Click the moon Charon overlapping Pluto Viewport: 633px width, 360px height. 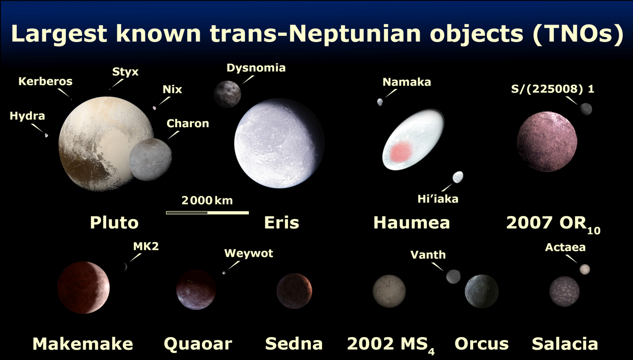pos(150,159)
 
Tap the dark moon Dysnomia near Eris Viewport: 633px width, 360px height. pos(228,94)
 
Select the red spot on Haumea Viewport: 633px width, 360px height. pos(401,152)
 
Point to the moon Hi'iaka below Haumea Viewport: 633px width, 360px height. pos(458,177)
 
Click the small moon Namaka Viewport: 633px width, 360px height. pos(380,102)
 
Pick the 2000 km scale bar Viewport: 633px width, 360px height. pos(207,213)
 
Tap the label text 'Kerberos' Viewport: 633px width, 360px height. pos(45,81)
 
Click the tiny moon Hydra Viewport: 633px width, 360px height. pos(46,135)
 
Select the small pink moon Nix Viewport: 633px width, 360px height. pos(154,108)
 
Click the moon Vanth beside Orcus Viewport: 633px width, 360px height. pos(453,276)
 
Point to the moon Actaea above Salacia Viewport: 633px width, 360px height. pos(585,269)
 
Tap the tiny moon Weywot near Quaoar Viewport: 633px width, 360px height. pos(224,273)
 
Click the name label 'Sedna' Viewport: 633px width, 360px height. pos(294,344)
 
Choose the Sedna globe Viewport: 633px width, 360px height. pos(294,291)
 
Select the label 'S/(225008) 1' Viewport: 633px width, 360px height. pos(552,89)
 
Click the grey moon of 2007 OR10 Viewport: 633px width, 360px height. pos(586,109)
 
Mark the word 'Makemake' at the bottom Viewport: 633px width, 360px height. pos(83,344)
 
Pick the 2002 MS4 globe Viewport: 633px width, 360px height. pos(389,291)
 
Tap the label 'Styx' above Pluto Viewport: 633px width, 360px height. pos(125,72)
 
